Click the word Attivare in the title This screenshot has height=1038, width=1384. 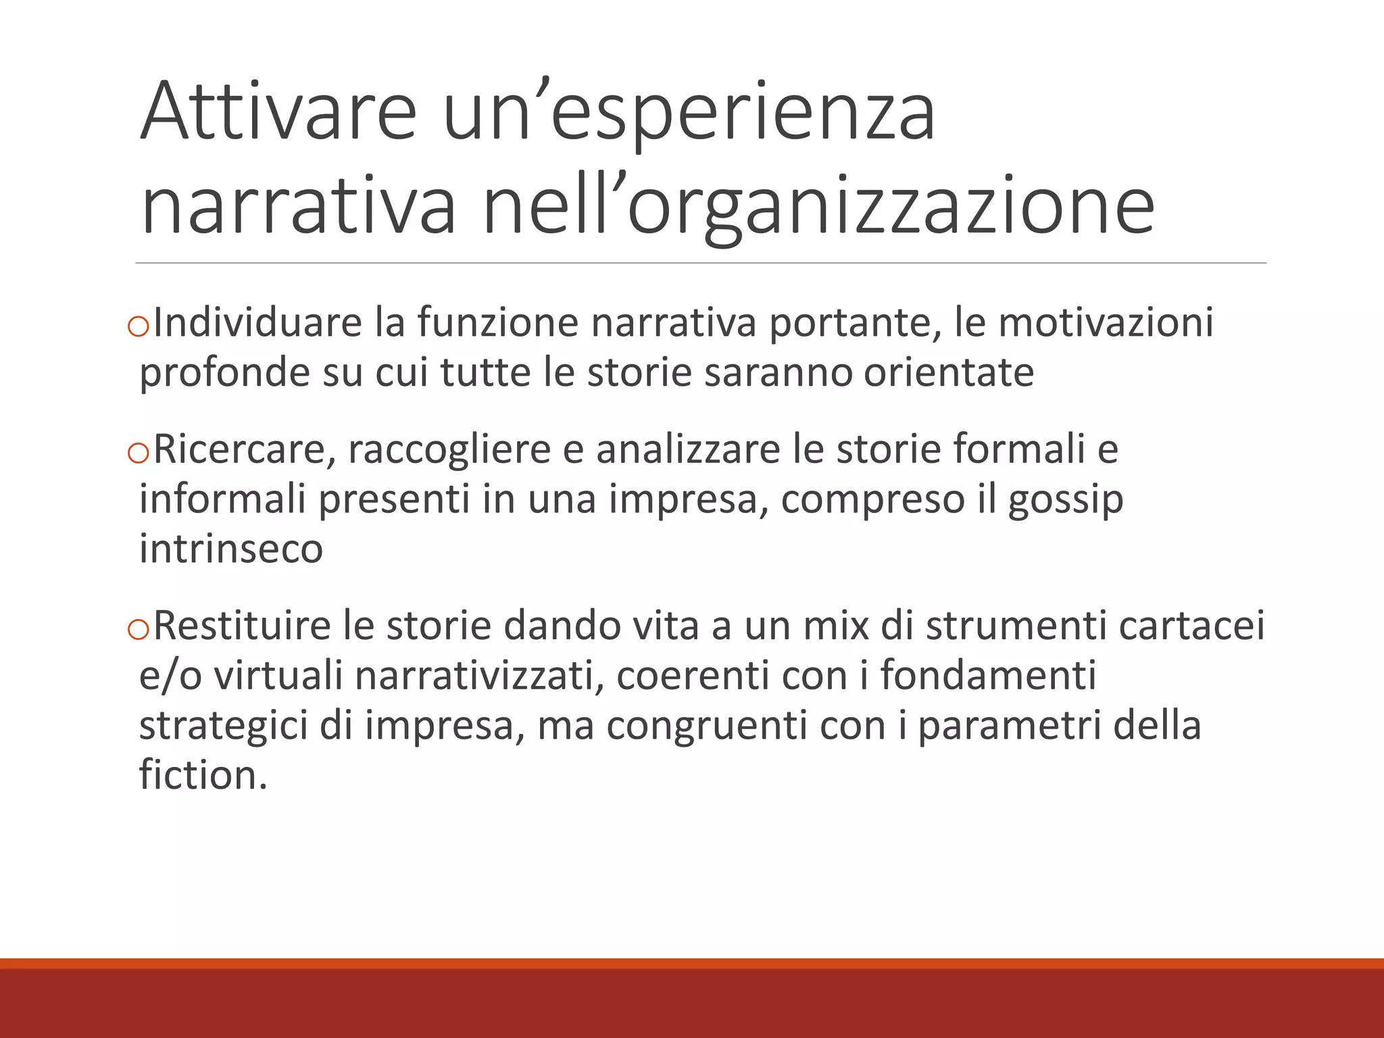[x=278, y=111]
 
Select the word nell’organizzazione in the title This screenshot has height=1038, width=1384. [x=818, y=205]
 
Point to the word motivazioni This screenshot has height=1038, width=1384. [x=1106, y=322]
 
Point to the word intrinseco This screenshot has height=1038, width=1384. [x=231, y=548]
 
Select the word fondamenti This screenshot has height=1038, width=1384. [x=987, y=676]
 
